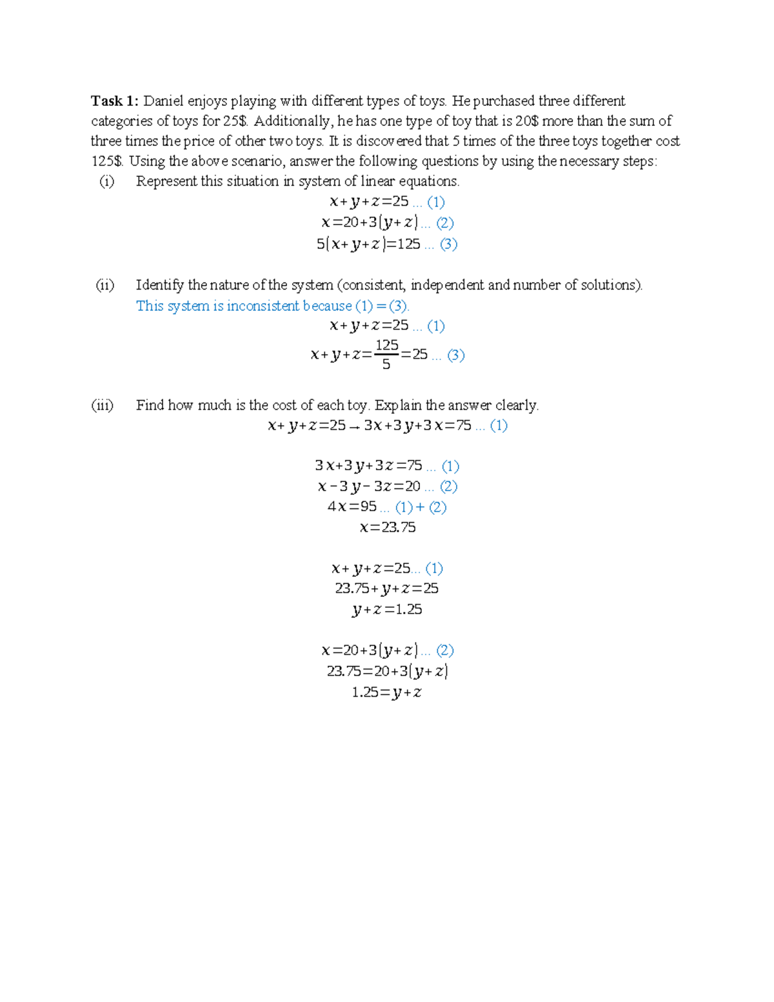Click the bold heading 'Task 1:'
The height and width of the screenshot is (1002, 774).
(114, 101)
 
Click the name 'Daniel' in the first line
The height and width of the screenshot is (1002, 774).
(163, 101)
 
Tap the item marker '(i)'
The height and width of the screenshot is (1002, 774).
(106, 181)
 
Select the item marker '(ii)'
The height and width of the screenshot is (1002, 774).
(105, 285)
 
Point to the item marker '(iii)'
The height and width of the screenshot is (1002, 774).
(103, 405)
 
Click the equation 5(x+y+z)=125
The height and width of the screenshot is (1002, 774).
(368, 244)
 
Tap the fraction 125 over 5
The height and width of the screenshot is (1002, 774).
(386, 354)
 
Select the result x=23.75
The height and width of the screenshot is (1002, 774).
(388, 527)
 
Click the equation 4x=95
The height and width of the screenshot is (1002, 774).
(352, 506)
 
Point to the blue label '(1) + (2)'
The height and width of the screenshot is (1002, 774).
(421, 507)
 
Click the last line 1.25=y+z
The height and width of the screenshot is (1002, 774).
(387, 692)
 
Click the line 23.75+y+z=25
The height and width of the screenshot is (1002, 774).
(387, 588)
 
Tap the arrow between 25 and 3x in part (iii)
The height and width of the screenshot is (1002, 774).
(354, 426)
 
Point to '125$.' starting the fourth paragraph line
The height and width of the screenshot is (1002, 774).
(107, 161)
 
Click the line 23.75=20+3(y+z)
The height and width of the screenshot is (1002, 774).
(387, 671)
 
